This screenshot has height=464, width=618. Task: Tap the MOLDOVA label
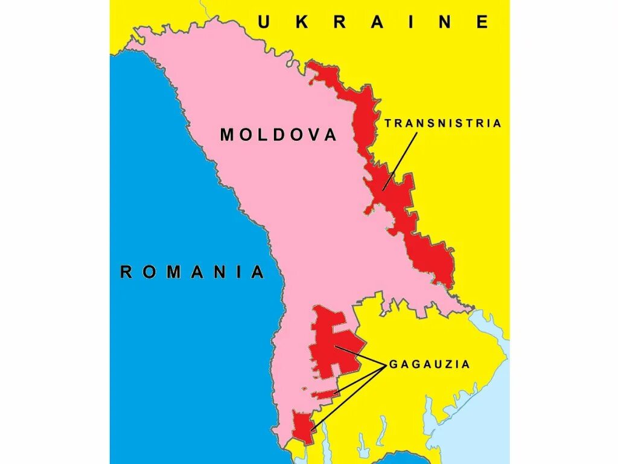tap(278, 134)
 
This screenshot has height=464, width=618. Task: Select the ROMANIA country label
tap(193, 272)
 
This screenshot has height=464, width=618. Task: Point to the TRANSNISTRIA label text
tap(443, 123)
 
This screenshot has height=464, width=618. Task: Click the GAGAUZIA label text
tap(429, 364)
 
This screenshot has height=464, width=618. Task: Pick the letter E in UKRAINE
tap(482, 22)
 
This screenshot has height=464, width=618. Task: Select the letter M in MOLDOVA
tap(227, 134)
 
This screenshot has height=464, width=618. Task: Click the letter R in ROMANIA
tap(126, 272)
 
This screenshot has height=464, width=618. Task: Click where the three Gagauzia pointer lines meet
tap(385, 365)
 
